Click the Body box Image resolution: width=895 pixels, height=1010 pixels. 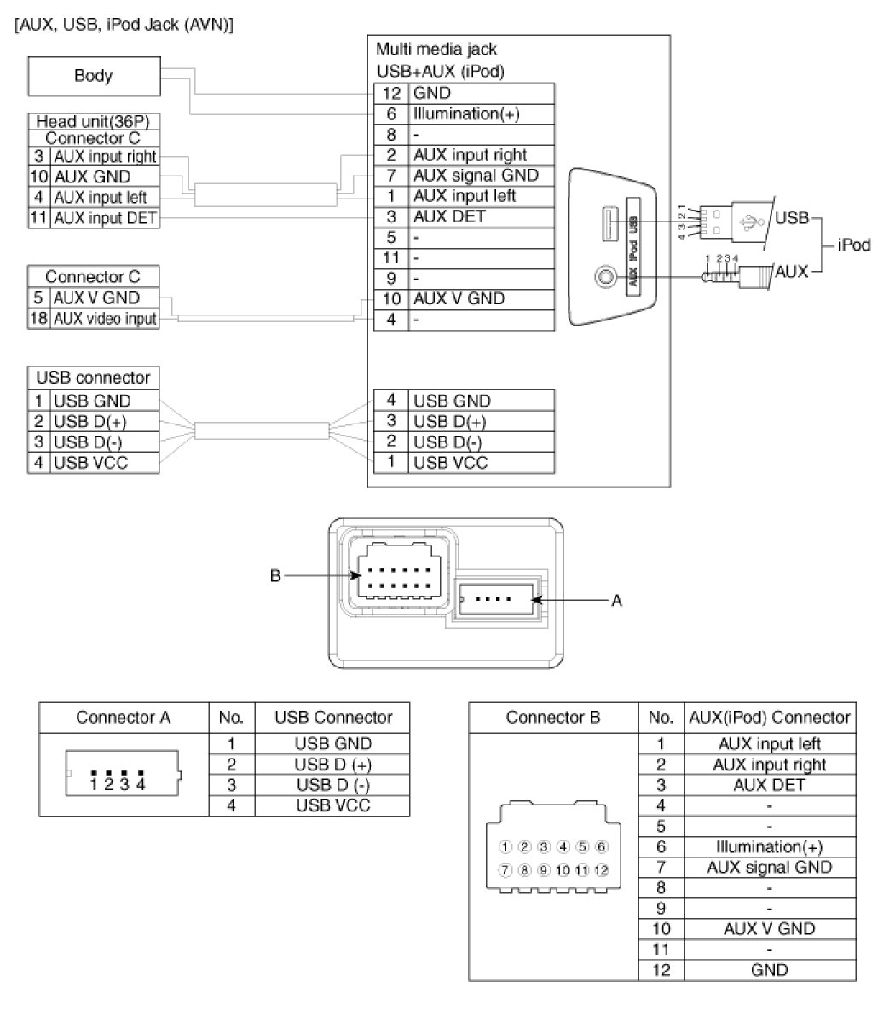pyautogui.click(x=93, y=76)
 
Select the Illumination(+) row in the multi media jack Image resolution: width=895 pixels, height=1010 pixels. pyautogui.click(x=465, y=113)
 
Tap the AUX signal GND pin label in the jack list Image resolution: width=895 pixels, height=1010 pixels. pyautogui.click(x=476, y=175)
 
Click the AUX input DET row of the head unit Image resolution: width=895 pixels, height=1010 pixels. pyautogui.click(x=105, y=217)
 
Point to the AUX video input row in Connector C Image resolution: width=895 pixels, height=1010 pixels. pyautogui.click(x=105, y=319)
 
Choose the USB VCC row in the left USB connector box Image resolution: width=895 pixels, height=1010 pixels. pyautogui.click(x=92, y=462)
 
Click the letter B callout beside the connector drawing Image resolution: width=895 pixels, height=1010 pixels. pyautogui.click(x=274, y=576)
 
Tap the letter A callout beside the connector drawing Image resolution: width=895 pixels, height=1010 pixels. pyautogui.click(x=616, y=601)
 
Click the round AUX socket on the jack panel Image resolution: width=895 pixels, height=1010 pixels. pyautogui.click(x=606, y=276)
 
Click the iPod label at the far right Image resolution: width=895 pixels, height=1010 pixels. pyautogui.click(x=853, y=245)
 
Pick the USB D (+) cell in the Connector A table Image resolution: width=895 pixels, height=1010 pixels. pyautogui.click(x=333, y=765)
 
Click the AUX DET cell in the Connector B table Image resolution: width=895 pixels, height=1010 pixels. pyautogui.click(x=769, y=785)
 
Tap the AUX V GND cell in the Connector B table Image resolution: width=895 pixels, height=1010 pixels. pyautogui.click(x=769, y=928)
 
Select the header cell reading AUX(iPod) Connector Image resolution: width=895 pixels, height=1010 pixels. pyautogui.click(x=769, y=717)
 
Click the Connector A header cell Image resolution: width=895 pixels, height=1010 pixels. pyautogui.click(x=123, y=717)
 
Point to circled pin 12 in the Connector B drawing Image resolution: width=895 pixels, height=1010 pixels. pyautogui.click(x=602, y=870)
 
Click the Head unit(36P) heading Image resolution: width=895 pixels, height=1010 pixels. pyautogui.click(x=93, y=121)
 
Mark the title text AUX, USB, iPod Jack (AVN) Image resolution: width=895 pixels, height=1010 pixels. pyautogui.click(x=124, y=25)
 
